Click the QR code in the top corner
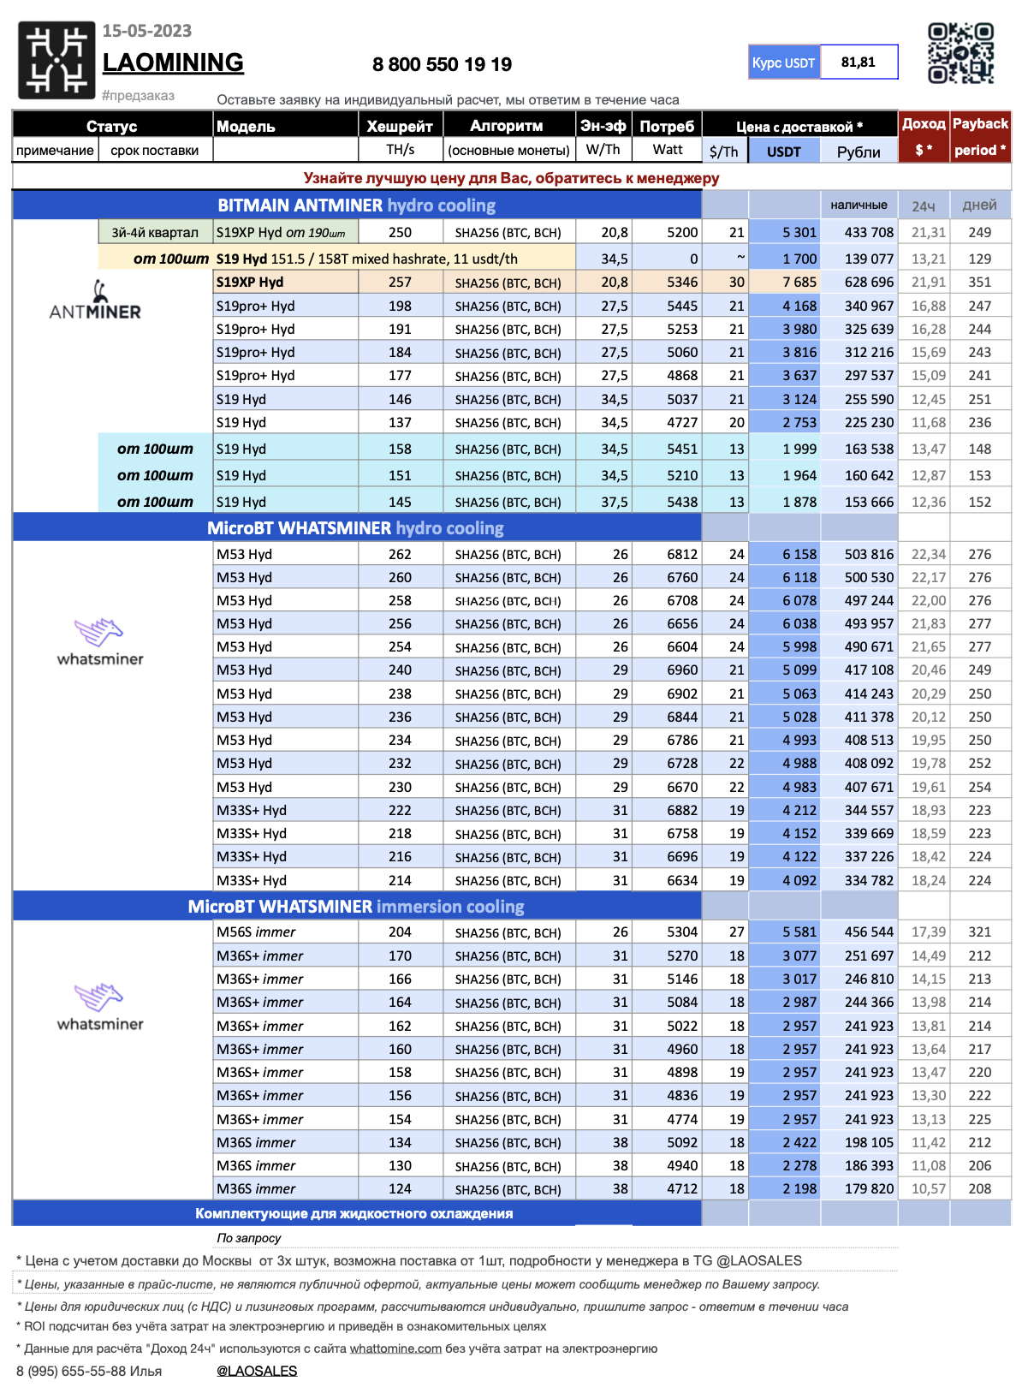[x=960, y=53]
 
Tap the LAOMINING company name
[x=173, y=63]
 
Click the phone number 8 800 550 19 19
[x=442, y=64]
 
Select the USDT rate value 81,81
[x=858, y=62]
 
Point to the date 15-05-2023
[x=147, y=31]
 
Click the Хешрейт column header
[x=400, y=126]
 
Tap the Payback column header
[x=980, y=124]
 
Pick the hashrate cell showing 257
[x=400, y=282]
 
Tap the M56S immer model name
[x=256, y=932]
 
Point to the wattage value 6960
[x=682, y=670]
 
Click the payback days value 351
[x=979, y=282]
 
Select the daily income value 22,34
[x=928, y=554]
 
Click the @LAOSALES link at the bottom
[x=257, y=1371]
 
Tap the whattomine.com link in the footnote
[x=395, y=1348]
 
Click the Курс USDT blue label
[x=783, y=63]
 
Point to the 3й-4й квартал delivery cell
[x=155, y=232]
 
